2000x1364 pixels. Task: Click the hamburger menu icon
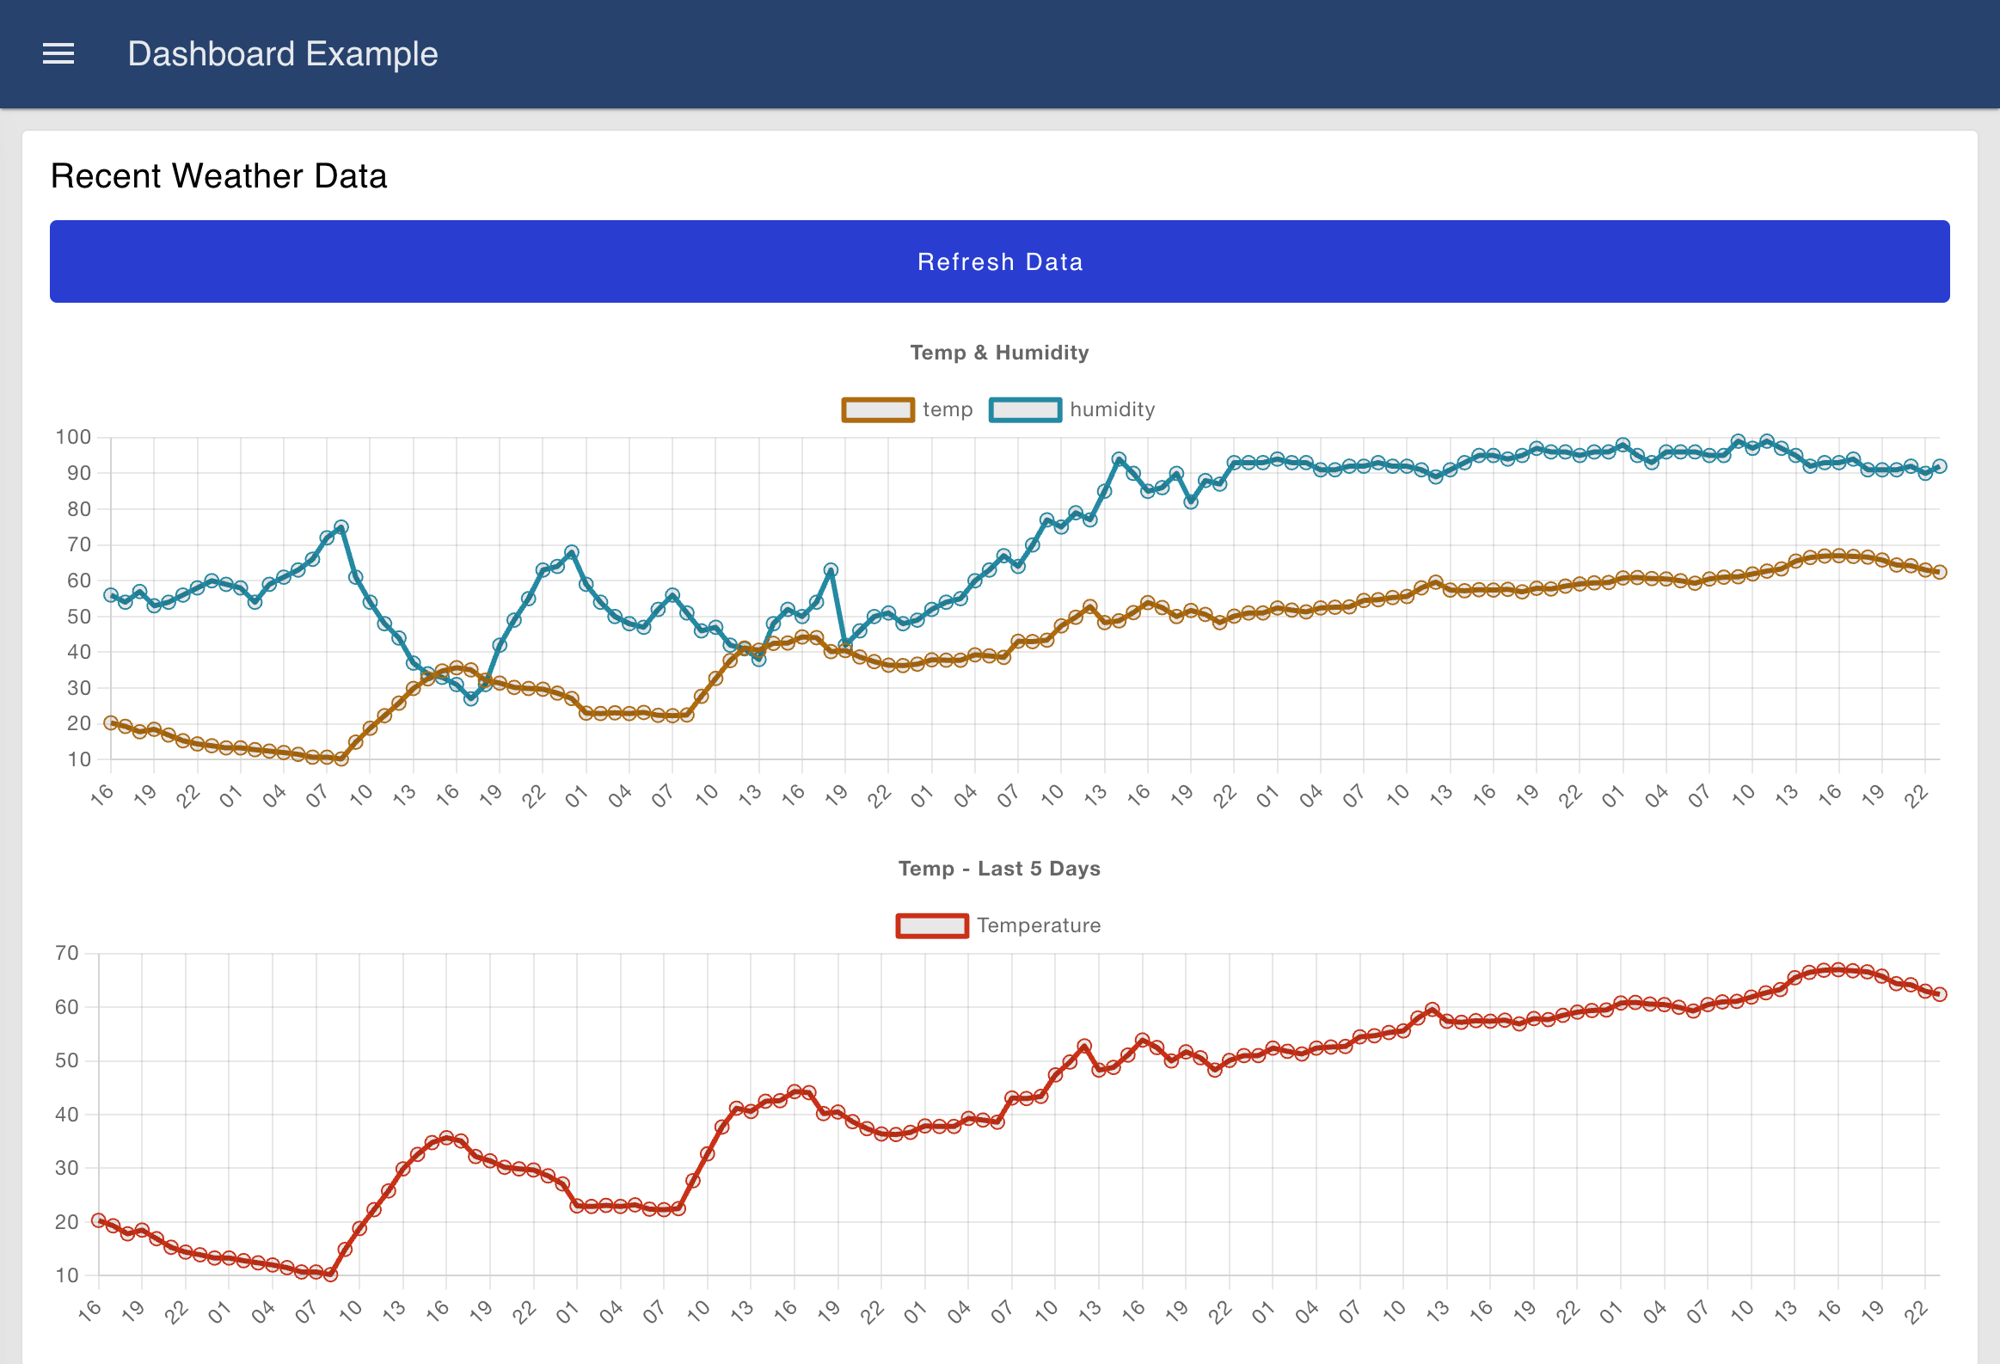tap(58, 54)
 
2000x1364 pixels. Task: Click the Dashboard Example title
tap(282, 54)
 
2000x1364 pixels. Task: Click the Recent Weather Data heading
tap(218, 175)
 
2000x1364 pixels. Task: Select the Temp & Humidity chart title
tap(999, 352)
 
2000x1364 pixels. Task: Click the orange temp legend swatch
tap(877, 409)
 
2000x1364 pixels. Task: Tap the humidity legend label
tap(1112, 409)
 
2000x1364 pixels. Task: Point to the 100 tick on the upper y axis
tap(73, 437)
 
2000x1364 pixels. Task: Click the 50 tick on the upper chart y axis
tap(78, 616)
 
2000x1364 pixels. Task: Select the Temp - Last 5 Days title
tap(999, 869)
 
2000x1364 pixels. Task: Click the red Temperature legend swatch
tap(931, 926)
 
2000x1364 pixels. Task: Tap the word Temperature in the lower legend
tap(1038, 926)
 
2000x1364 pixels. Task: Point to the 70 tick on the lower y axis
tap(66, 954)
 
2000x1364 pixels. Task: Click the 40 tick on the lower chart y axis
tap(66, 1115)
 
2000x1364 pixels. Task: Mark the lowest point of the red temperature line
tap(330, 1275)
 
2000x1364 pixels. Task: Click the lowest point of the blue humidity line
tap(470, 699)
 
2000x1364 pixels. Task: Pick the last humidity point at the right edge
tap(1939, 466)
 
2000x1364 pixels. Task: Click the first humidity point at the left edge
tap(110, 594)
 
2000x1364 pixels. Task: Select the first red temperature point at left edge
tap(98, 1220)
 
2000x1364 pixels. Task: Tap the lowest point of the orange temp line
tap(340, 759)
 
